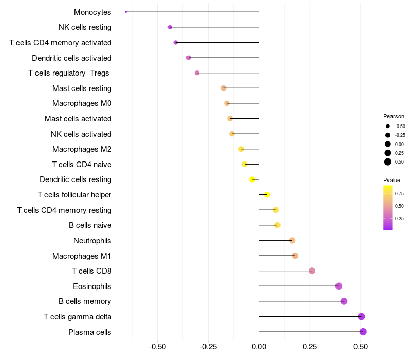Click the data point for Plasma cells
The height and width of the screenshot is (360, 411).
click(x=363, y=332)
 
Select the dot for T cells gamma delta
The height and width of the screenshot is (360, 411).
click(x=361, y=317)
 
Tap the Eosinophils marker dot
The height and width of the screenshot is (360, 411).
click(x=339, y=286)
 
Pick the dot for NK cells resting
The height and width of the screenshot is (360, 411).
click(x=170, y=27)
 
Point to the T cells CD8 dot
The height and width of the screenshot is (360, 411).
click(x=312, y=271)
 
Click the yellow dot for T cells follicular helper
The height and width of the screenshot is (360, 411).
click(x=267, y=194)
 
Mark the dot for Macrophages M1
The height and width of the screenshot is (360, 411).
click(x=295, y=256)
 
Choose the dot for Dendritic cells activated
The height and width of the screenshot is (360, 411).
click(x=189, y=58)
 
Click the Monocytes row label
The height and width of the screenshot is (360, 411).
click(x=92, y=12)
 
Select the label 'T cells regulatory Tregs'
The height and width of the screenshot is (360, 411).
click(x=69, y=73)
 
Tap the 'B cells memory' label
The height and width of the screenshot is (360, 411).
click(x=85, y=301)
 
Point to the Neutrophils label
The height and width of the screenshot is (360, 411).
click(x=92, y=241)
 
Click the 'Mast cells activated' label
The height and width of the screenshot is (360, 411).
click(x=78, y=119)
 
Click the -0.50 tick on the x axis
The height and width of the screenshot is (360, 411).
click(x=157, y=347)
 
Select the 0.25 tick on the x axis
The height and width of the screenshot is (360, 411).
click(x=310, y=347)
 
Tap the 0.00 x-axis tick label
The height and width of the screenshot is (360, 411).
click(x=259, y=347)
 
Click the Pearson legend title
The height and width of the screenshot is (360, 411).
click(x=394, y=116)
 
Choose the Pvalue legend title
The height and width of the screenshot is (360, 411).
click(x=391, y=180)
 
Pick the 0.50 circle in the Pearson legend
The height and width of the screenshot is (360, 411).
click(x=388, y=162)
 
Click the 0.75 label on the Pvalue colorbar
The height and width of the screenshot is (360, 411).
click(x=399, y=193)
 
